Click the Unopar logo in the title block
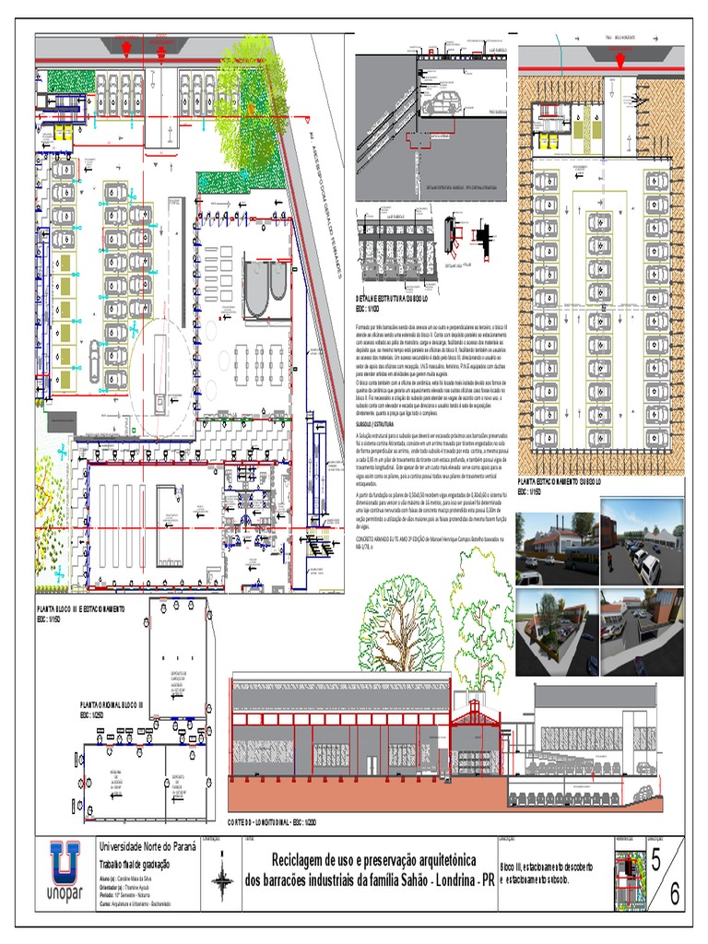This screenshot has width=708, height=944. point(66,870)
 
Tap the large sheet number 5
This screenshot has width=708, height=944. point(655,860)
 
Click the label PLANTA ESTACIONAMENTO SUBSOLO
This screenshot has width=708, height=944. point(560,481)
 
